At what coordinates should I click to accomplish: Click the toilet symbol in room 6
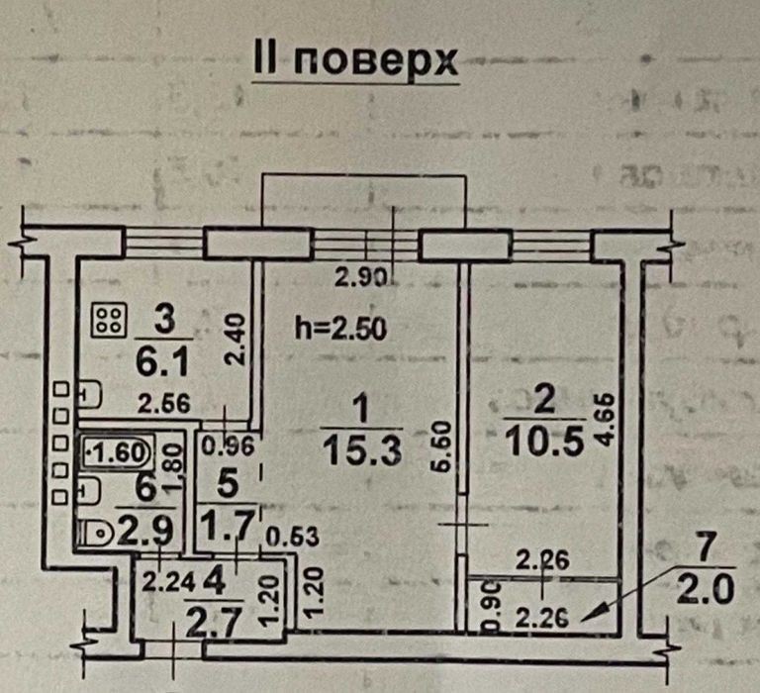(99, 534)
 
